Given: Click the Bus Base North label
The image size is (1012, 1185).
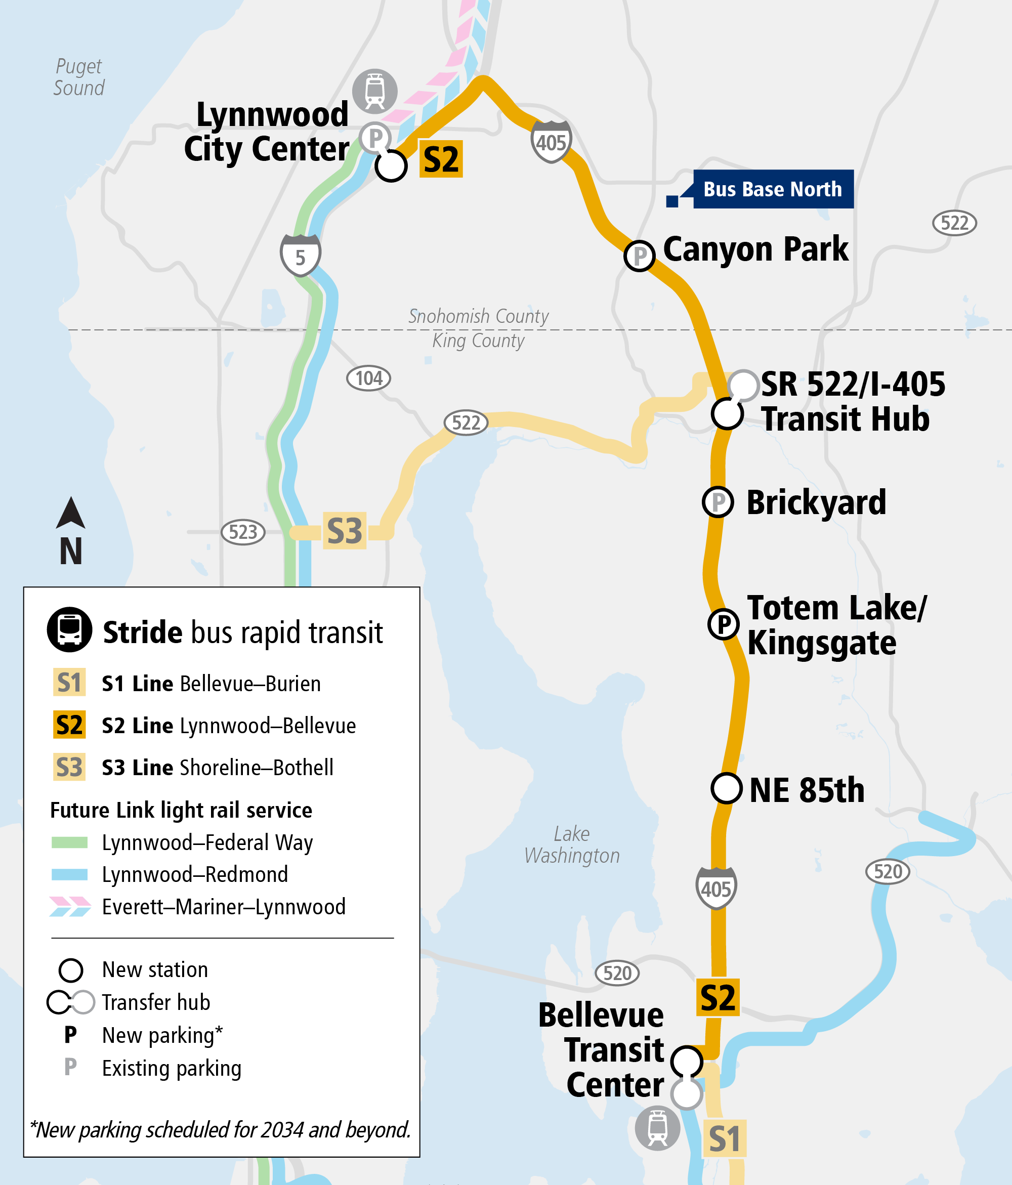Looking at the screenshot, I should click(x=772, y=189).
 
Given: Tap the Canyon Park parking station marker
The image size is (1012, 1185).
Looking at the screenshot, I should click(x=639, y=256).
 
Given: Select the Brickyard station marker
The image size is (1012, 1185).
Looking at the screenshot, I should click(x=718, y=502).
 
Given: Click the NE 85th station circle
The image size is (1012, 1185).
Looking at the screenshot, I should click(x=727, y=788).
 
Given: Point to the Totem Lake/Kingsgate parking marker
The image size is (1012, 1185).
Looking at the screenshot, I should click(x=724, y=624).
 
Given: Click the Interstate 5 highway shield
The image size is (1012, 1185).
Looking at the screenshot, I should click(x=301, y=255).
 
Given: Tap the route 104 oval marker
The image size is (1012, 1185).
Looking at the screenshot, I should click(x=369, y=378).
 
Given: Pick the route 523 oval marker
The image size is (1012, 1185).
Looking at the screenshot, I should click(x=243, y=532).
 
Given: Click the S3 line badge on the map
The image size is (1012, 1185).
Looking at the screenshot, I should click(x=345, y=531).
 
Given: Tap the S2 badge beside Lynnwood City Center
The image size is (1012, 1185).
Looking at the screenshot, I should click(x=441, y=159).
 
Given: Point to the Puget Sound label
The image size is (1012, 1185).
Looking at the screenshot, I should click(x=79, y=77).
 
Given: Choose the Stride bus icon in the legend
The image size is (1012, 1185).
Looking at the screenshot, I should click(x=69, y=629).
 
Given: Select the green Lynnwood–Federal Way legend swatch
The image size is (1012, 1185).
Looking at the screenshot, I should click(x=69, y=842).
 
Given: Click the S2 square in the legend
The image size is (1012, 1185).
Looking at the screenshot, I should click(x=69, y=725).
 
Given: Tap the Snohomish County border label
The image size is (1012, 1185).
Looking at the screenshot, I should click(x=478, y=316).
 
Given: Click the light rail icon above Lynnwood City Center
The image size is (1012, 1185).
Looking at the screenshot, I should click(x=375, y=91).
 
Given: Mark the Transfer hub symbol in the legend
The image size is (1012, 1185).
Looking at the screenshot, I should click(x=71, y=1002).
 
